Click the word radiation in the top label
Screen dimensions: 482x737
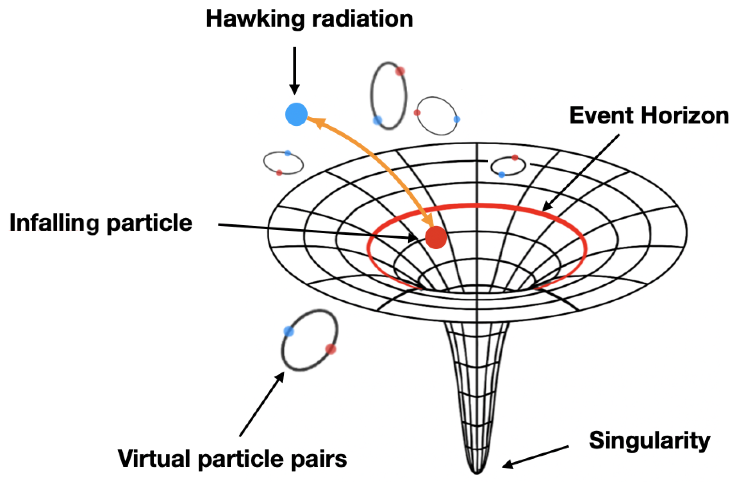coord(362,19)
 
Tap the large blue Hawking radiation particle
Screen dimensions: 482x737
coord(296,114)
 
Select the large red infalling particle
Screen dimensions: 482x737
coord(436,237)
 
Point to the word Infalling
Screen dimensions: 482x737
coord(54,223)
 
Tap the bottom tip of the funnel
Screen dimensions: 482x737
coord(477,472)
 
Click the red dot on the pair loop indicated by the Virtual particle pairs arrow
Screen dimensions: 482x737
coord(331,349)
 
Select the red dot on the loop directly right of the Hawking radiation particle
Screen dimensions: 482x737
coord(400,71)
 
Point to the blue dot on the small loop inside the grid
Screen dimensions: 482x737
coord(502,175)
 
